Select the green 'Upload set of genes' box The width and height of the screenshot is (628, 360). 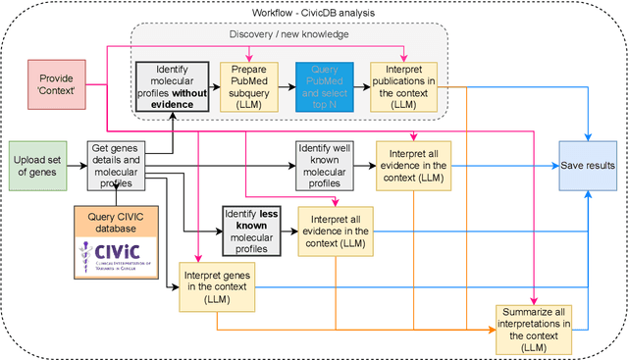pos(36,166)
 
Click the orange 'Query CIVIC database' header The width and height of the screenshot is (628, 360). pos(116,221)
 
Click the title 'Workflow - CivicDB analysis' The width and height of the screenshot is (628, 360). pos(314,13)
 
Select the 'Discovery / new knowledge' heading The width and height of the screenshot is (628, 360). pos(290,36)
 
